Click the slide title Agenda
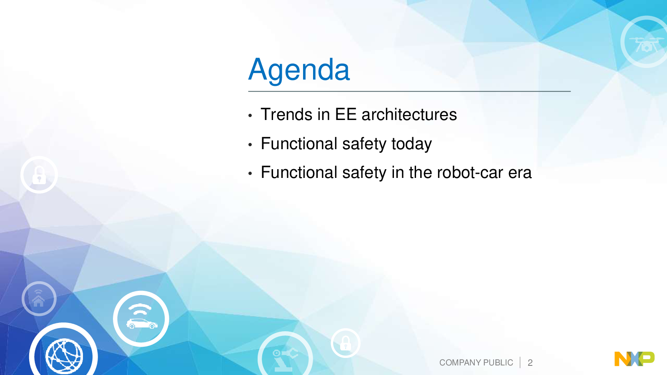pyautogui.click(x=298, y=70)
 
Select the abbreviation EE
pyautogui.click(x=346, y=115)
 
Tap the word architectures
pyautogui.click(x=409, y=115)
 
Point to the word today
pyautogui.click(x=411, y=144)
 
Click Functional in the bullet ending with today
pyautogui.click(x=299, y=144)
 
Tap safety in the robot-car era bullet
pyautogui.click(x=364, y=173)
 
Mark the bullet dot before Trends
pyautogui.click(x=250, y=115)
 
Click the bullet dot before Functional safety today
pyautogui.click(x=250, y=145)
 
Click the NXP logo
pyautogui.click(x=634, y=359)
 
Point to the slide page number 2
pyautogui.click(x=530, y=363)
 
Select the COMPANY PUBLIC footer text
pyautogui.click(x=476, y=362)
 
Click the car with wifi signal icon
pyautogui.click(x=141, y=319)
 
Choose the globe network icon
pyautogui.click(x=64, y=356)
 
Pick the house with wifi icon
pyautogui.click(x=39, y=298)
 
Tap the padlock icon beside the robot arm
pyautogui.click(x=346, y=343)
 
